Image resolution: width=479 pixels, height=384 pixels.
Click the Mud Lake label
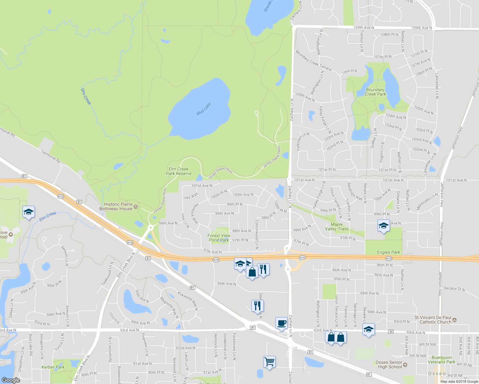pos(204,109)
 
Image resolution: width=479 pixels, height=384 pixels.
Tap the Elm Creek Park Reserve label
pos(179,171)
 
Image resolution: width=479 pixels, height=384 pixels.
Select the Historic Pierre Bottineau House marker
pos(136,206)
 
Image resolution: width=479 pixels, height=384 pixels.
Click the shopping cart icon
pos(269,362)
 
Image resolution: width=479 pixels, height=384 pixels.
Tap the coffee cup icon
pos(281,323)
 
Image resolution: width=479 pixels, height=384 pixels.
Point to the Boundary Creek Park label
pos(375,92)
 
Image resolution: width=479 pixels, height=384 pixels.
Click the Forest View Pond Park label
pos(219,238)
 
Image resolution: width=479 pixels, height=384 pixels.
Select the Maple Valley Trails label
pos(337,227)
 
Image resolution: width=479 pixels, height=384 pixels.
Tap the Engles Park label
pos(388,252)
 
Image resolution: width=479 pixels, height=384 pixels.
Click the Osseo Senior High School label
pos(389,365)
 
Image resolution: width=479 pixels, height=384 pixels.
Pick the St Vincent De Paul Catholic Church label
pos(433,320)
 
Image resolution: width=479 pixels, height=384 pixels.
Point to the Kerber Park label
pos(53,367)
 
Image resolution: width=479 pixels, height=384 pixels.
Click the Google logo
pos(11,380)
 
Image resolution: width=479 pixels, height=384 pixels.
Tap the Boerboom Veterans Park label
pos(442,360)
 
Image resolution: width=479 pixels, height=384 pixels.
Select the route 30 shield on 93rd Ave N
pos(391,332)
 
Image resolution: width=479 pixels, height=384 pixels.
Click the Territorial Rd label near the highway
pos(51,156)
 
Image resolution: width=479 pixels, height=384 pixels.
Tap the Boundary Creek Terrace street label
pos(313,60)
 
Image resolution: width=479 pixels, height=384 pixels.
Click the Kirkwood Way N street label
pos(188,300)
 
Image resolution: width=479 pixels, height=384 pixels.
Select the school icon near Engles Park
pos(383,226)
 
